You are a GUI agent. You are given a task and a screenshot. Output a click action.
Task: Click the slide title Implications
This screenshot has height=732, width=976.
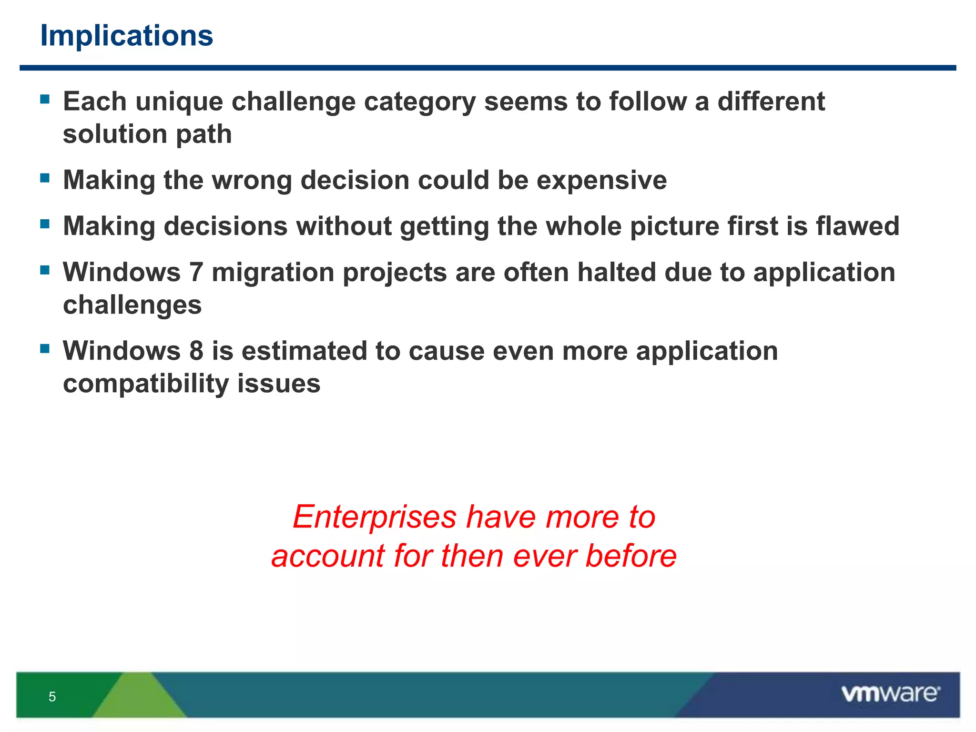[x=127, y=36]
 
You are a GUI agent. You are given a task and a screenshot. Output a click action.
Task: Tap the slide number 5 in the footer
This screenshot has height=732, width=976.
[x=52, y=697]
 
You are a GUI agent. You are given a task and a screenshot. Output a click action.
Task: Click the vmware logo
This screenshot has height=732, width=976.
[x=890, y=694]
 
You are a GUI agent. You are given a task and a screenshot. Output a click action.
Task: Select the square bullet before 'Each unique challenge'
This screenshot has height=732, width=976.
[x=45, y=99]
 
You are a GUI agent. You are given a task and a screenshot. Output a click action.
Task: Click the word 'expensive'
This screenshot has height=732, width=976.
[x=601, y=180]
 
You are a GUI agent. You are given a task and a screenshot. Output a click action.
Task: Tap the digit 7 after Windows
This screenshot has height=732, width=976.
[x=196, y=272]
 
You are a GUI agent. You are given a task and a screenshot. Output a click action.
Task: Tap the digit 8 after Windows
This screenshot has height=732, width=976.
[x=196, y=351]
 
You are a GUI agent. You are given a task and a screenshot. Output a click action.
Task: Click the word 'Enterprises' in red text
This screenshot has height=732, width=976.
[x=375, y=517]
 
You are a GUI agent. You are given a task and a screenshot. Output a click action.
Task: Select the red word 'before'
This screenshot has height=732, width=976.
[x=630, y=556]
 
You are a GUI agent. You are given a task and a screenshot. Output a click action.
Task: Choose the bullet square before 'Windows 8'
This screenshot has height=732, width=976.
[x=45, y=348]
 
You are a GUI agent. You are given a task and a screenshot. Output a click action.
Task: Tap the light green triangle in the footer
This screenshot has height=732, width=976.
[x=138, y=698]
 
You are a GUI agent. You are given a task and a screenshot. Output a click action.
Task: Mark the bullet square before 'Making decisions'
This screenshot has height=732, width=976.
[x=45, y=224]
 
